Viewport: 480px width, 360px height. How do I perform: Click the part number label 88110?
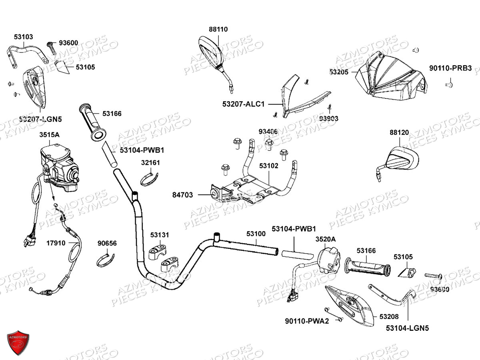[218, 29]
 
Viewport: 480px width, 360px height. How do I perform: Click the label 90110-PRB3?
[450, 68]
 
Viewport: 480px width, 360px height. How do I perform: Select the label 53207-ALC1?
[244, 104]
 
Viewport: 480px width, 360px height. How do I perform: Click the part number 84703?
[182, 195]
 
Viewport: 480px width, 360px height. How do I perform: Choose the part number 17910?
[56, 243]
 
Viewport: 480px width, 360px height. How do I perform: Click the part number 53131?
[160, 235]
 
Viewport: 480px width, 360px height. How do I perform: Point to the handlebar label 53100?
[256, 233]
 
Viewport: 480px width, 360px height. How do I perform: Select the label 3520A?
[326, 239]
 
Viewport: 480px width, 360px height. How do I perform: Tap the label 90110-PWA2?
[307, 321]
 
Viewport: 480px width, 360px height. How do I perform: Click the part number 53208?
[389, 317]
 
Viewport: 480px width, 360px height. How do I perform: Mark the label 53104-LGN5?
[407, 328]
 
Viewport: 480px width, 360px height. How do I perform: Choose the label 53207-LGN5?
[40, 119]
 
